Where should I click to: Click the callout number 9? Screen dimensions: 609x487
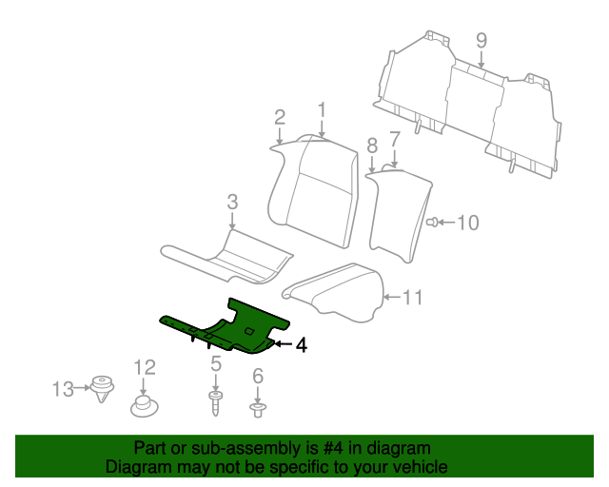(481, 41)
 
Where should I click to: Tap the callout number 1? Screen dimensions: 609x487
(322, 110)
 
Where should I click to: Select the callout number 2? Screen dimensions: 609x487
(280, 117)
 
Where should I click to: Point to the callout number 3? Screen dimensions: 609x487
(232, 202)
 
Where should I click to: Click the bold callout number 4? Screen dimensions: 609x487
(302, 345)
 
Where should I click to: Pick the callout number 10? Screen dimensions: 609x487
(468, 223)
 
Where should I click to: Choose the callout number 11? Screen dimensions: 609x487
(412, 298)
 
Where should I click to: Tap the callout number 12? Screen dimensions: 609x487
(145, 367)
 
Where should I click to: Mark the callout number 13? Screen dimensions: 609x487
(63, 389)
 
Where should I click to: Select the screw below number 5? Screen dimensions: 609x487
(215, 404)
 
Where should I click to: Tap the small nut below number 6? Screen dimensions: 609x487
(258, 410)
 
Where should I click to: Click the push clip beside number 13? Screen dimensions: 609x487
(102, 388)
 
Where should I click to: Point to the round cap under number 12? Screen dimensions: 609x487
(144, 406)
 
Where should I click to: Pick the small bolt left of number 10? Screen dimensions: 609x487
(432, 223)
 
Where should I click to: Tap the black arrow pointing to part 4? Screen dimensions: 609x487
(284, 344)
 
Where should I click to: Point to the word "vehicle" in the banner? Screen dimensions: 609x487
(423, 467)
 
